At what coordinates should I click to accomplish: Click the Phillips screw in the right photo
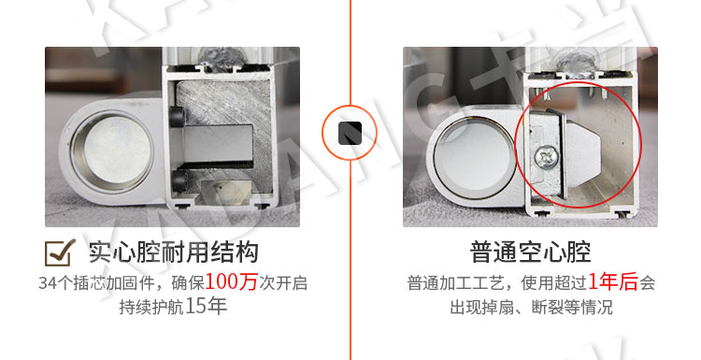click(546, 158)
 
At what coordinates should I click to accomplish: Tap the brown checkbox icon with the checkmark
click(60, 252)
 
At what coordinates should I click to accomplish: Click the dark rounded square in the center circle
click(350, 133)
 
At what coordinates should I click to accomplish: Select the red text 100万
click(231, 282)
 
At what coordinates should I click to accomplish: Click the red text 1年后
click(612, 282)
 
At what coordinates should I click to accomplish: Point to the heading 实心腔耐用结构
click(174, 252)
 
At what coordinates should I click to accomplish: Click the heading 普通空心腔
click(530, 252)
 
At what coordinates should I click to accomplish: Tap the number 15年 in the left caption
click(206, 307)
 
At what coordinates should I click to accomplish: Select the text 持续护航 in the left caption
click(151, 307)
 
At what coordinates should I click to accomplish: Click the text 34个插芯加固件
click(96, 283)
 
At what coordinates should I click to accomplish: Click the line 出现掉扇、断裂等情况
click(531, 308)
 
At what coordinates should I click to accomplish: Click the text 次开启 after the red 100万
click(283, 283)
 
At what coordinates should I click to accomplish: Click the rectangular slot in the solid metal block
click(219, 144)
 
